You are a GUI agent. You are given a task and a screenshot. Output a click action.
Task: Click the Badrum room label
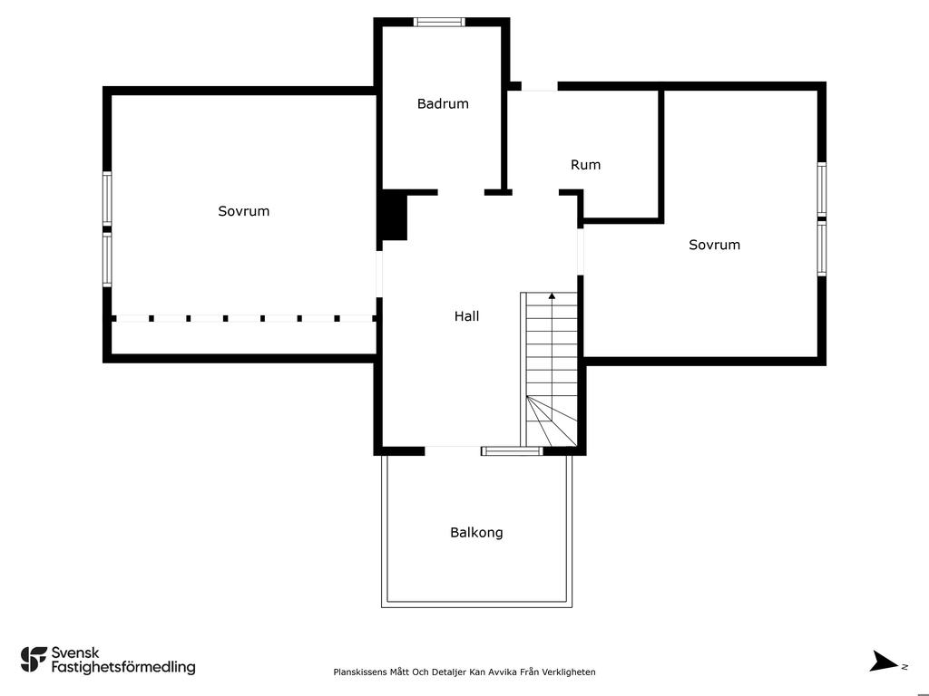coord(443,103)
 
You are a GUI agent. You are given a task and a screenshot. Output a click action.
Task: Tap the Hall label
coord(467,316)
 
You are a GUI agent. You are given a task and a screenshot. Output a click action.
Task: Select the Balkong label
coord(476,532)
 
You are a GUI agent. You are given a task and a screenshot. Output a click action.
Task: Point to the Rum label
coord(585,165)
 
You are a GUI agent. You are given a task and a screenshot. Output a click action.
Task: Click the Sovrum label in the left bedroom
coord(243,211)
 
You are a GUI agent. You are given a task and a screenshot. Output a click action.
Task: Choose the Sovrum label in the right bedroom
coord(714,245)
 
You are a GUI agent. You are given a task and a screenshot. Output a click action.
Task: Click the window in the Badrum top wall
coord(439,22)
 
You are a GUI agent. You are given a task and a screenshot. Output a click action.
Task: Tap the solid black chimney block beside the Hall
coord(395,216)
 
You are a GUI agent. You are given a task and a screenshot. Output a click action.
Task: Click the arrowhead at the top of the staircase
coord(553,295)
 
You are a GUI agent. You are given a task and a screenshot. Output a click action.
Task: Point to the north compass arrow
coord(884,661)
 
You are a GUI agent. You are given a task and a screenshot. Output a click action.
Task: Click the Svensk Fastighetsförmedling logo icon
coord(34,660)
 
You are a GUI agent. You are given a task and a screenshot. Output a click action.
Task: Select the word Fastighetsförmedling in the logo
coord(123,668)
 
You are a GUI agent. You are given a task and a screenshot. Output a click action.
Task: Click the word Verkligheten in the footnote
coord(570,672)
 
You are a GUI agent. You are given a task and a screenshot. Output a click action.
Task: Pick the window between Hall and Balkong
coord(512,451)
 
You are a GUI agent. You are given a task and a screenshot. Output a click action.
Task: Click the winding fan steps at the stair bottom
coord(552,421)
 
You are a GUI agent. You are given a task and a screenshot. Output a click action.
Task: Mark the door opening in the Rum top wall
coord(540,86)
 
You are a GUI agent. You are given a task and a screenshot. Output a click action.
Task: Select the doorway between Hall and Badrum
coord(461,192)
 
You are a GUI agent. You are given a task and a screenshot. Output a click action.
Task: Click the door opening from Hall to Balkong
coord(453,451)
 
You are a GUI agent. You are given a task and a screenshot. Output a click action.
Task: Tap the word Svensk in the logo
coord(75,652)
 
